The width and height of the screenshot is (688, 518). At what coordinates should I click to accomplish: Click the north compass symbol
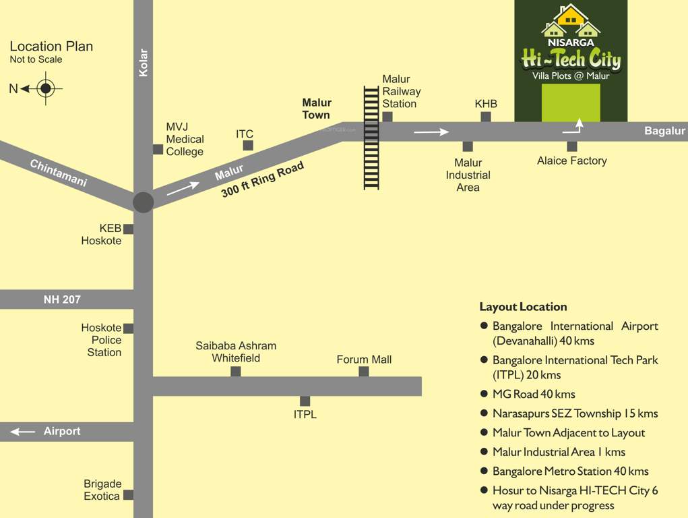(45, 88)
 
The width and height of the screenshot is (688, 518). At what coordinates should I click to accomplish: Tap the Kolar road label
(143, 62)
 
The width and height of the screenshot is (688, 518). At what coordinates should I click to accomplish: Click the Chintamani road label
(59, 173)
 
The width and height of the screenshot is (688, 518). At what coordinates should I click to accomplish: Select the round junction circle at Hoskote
(143, 202)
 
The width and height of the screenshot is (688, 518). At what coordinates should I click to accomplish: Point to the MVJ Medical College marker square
(158, 149)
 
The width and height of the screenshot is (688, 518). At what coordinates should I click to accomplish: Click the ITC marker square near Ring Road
(248, 145)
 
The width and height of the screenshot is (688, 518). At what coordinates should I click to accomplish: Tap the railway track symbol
(371, 138)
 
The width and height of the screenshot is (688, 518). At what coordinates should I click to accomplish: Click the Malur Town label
(316, 109)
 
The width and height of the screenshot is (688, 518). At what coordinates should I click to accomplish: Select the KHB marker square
(486, 117)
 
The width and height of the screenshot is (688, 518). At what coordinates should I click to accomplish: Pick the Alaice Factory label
(571, 161)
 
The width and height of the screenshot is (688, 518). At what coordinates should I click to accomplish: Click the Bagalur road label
(664, 131)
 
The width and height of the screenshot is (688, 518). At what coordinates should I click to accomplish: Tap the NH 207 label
(62, 299)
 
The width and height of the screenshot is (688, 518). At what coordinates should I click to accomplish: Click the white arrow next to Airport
(22, 432)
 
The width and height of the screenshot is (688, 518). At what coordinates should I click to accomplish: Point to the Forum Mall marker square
(364, 372)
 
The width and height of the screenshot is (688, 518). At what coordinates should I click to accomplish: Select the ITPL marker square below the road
(305, 401)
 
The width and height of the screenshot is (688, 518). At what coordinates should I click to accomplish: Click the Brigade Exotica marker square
(128, 494)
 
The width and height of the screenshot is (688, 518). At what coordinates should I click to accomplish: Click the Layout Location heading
(523, 307)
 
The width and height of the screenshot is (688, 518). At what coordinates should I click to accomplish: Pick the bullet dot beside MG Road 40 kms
(484, 393)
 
